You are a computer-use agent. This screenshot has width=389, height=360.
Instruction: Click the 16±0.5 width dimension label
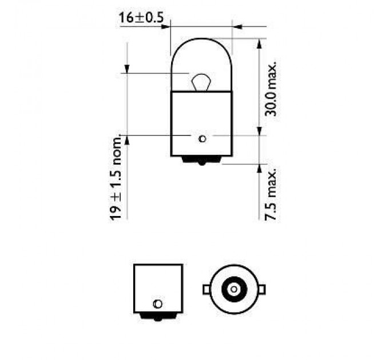(x=141, y=17)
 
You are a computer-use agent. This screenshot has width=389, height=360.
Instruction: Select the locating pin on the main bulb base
(x=201, y=138)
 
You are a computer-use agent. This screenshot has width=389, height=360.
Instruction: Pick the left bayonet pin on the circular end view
(x=206, y=290)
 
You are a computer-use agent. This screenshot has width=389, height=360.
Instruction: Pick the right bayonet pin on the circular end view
(x=261, y=290)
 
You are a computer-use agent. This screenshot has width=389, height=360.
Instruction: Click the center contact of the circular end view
(x=233, y=290)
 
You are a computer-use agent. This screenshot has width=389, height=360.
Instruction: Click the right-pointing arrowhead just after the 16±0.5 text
(x=167, y=26)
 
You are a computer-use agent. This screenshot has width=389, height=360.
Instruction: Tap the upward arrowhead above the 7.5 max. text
(x=260, y=167)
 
